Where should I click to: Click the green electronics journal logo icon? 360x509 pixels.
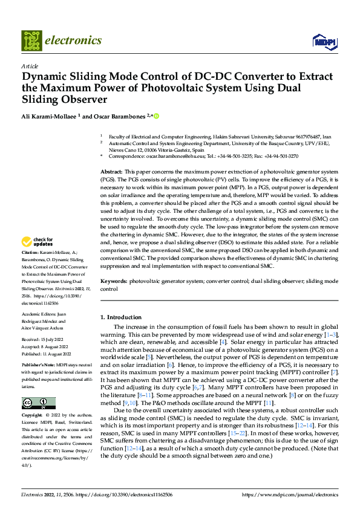pos(31,41)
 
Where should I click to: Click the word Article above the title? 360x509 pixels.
pos(30,66)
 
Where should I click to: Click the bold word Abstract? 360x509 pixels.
pos(113,172)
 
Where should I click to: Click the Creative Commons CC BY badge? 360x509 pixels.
pos(38,403)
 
